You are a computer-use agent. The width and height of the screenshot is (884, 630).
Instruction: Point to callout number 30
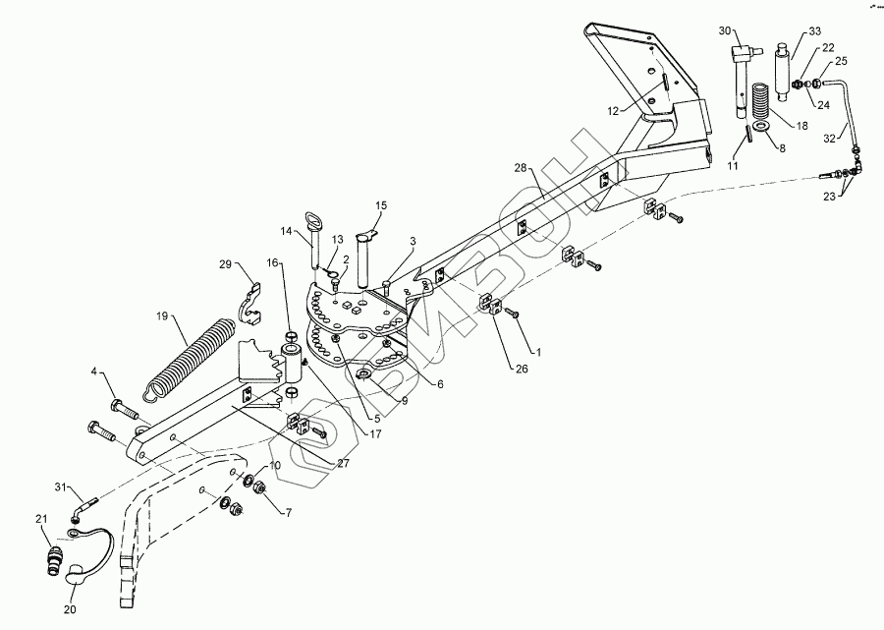point(725,31)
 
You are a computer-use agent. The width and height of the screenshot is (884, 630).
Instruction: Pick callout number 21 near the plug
point(41,519)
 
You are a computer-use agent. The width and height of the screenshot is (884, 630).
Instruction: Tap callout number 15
point(381,205)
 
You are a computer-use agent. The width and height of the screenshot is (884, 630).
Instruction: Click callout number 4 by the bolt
point(94,372)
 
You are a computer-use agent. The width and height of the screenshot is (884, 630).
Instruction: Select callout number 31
point(59,487)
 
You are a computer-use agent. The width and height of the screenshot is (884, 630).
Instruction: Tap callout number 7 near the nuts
point(288,512)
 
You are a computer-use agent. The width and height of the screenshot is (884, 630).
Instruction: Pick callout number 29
point(225,265)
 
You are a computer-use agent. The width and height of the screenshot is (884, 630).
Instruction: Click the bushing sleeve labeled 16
point(293,362)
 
